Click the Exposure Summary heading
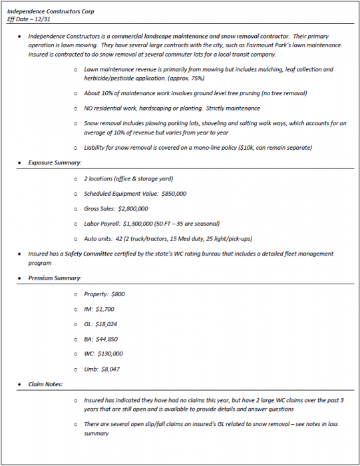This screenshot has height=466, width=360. pos(55,162)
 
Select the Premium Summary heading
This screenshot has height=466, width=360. pos(55,278)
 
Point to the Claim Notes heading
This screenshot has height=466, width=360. pos(47,384)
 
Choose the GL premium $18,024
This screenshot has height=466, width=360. pos(108,324)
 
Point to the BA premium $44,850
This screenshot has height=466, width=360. pos(108,339)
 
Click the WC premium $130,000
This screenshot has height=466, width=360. pos(110,353)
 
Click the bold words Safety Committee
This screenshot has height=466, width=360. pos(92,254)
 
